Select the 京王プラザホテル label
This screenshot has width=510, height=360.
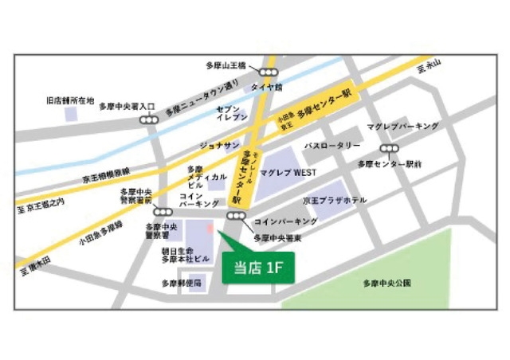pos(335,200)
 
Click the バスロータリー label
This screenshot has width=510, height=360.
pos(332,147)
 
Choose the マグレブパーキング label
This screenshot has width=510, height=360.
pos(402,127)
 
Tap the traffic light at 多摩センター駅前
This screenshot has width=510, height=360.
pos(389,148)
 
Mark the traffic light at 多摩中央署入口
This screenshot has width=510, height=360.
pos(149,119)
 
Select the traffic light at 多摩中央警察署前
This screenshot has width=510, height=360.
pos(163,212)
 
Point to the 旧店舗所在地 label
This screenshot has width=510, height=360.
pos(71,102)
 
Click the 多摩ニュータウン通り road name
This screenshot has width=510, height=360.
pos(202,97)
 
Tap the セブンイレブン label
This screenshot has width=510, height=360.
pos(229,112)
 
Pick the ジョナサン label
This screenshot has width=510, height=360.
pos(220,144)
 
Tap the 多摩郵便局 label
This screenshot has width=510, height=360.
pos(182,283)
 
